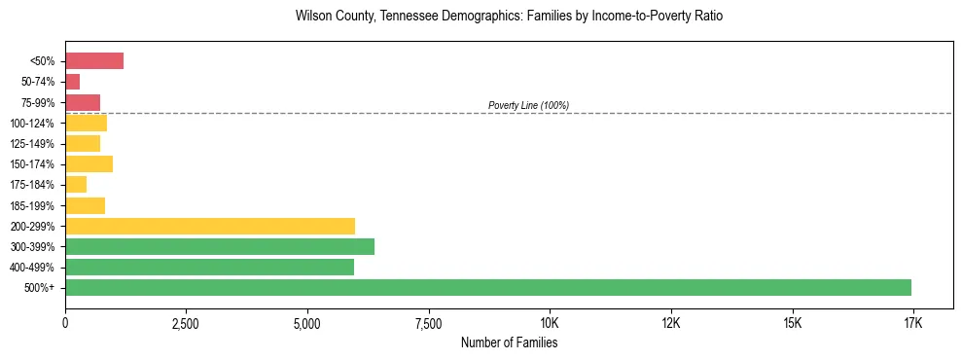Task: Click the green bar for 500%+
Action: (487, 287)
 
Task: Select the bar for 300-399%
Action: (220, 246)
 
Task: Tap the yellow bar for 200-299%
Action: (210, 226)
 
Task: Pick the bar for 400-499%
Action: (209, 267)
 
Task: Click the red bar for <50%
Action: (94, 61)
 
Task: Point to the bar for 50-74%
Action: (73, 82)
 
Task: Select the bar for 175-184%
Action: (76, 185)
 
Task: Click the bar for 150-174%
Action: (89, 163)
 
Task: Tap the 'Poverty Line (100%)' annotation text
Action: (528, 105)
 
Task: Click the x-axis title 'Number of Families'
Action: (509, 342)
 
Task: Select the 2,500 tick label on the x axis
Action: (186, 323)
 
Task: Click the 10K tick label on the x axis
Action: (550, 323)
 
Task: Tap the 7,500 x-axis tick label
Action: (428, 323)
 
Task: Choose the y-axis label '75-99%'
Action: (38, 102)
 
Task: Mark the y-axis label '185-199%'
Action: (34, 205)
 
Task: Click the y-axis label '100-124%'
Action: (34, 123)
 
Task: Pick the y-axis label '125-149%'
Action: (34, 144)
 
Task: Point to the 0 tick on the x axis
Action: (65, 323)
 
